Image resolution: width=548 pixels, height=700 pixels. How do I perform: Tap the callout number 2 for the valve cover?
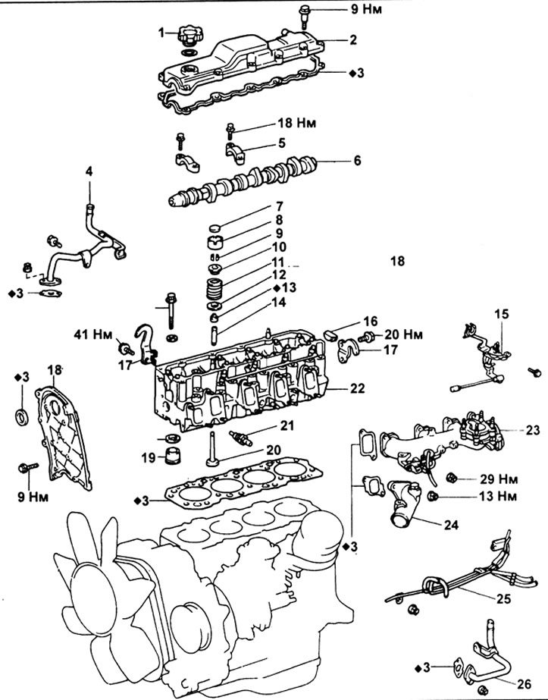tap(353, 40)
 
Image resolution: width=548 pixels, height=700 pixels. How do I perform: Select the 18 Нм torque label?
tap(297, 123)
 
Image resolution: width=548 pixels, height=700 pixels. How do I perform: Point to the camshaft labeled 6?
tap(244, 183)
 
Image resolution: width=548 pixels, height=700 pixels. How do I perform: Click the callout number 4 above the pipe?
tap(89, 171)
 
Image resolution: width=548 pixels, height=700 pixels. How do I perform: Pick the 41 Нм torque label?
tap(93, 334)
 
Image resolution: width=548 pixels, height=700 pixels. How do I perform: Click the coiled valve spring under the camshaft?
tap(216, 289)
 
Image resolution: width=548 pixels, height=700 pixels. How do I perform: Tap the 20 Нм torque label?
tap(403, 334)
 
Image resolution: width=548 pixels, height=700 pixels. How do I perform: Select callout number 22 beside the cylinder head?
tap(358, 388)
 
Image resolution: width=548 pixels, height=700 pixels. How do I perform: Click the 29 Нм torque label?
tap(499, 479)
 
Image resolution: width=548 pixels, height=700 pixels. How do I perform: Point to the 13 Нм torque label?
tap(498, 496)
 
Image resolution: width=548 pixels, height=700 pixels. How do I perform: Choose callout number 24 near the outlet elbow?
tap(451, 525)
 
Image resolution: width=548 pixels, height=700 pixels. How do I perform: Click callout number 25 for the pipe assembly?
tap(503, 598)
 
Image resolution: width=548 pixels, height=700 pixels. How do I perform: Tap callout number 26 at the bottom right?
tap(525, 683)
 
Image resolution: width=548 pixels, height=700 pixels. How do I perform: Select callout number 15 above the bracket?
tap(501, 314)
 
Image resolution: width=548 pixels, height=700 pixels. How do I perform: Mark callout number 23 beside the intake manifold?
tap(532, 430)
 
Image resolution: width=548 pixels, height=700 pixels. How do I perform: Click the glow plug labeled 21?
tap(241, 438)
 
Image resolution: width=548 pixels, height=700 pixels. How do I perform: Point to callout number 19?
tap(148, 457)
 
